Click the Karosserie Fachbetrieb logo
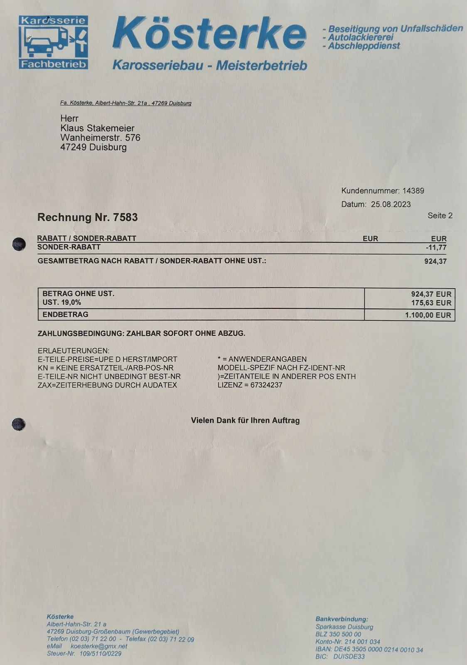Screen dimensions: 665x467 click(53, 42)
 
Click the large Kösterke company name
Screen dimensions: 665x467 click(209, 34)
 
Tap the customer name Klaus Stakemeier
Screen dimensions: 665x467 click(97, 128)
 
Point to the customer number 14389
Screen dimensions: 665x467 click(413, 191)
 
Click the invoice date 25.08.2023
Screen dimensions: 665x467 click(391, 204)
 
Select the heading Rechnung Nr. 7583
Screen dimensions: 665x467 click(87, 217)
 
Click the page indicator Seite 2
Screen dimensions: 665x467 click(440, 215)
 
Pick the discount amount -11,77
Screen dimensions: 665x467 click(436, 247)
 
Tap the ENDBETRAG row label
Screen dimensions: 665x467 click(65, 315)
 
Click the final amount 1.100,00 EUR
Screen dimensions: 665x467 click(428, 315)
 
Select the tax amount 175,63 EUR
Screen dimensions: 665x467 click(431, 303)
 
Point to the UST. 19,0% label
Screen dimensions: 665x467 click(61, 303)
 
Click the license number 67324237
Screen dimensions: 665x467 click(266, 385)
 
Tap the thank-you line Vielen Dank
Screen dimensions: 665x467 click(245, 420)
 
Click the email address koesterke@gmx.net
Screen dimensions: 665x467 click(99, 646)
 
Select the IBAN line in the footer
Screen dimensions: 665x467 click(369, 649)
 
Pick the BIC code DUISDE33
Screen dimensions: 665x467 click(349, 657)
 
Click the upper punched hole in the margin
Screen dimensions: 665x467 click(19, 244)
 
